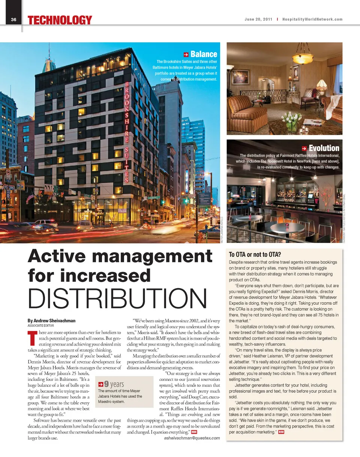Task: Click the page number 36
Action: pos(13,20)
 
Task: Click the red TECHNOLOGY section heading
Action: pos(60,20)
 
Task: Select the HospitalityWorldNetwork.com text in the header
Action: pos(312,20)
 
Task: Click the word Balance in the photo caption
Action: pos(204,54)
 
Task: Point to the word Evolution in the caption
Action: pos(324,148)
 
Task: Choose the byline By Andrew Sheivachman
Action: pos(51,321)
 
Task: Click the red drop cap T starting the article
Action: pos(31,337)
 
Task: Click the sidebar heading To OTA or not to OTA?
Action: pos(255,255)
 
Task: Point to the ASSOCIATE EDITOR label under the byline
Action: pos(41,326)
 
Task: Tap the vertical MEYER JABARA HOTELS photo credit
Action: pos(223,230)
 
